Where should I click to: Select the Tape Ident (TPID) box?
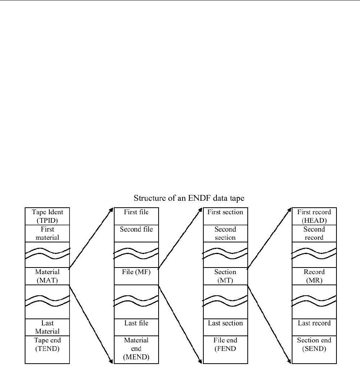point(47,216)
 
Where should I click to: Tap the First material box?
point(47,233)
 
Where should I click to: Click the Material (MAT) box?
point(47,276)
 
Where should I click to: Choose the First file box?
point(136,216)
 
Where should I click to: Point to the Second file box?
point(136,233)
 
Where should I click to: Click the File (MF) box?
point(136,276)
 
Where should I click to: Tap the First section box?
point(225,216)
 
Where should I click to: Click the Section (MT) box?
point(225,276)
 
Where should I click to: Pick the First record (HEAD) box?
point(314,216)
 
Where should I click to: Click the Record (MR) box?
point(314,276)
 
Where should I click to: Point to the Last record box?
point(314,327)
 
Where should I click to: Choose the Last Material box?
point(47,327)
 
